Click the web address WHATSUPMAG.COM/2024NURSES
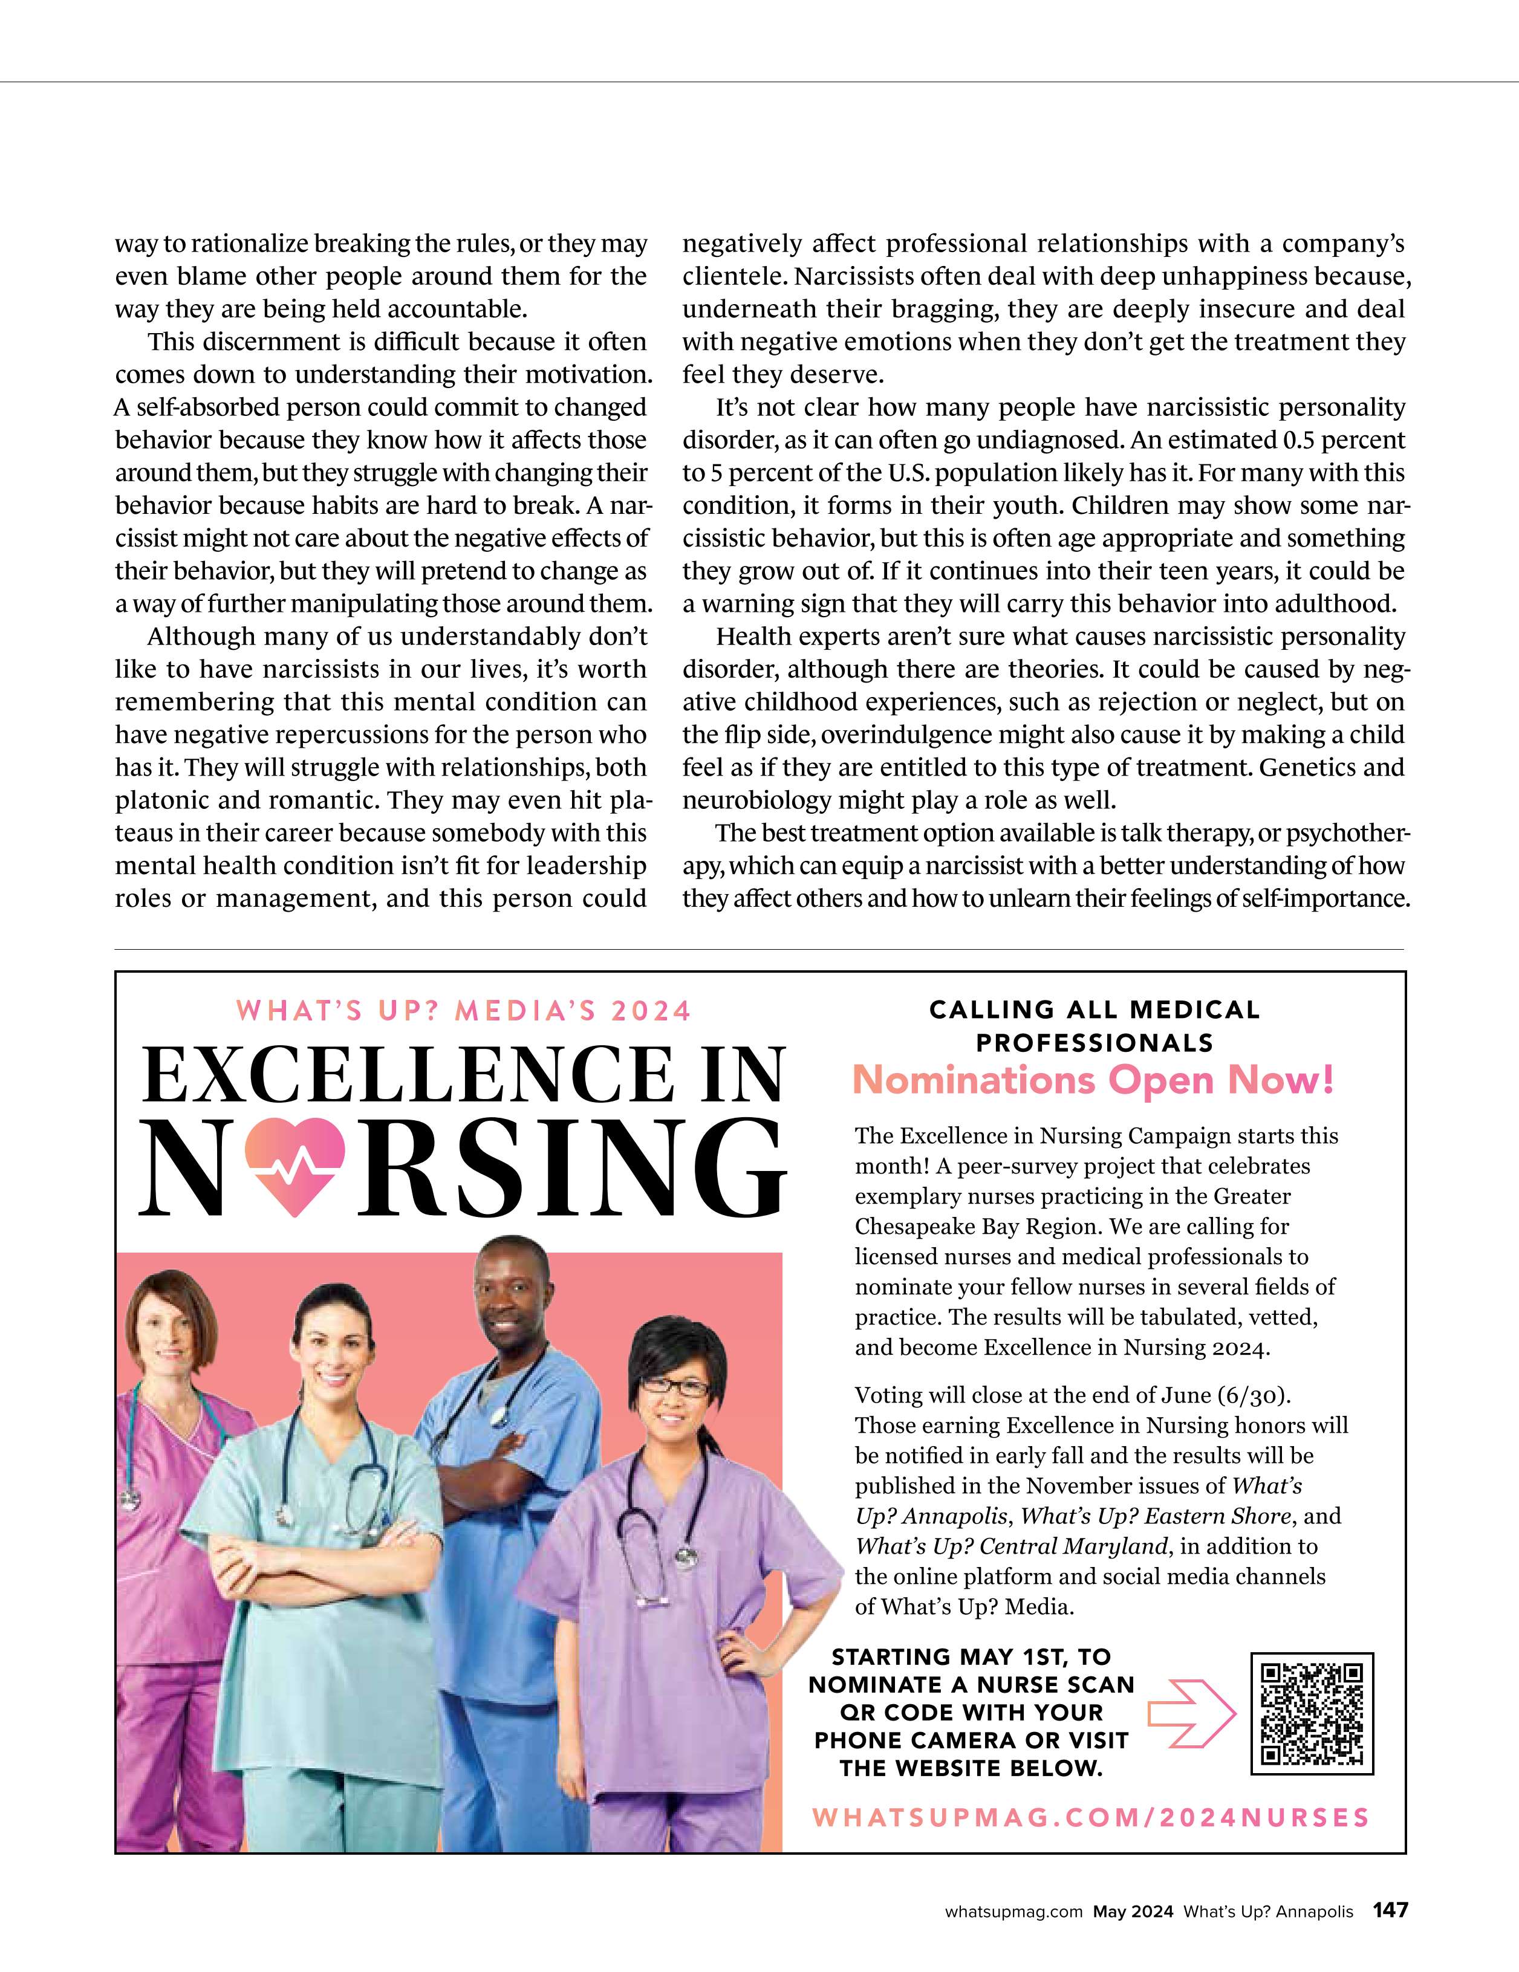click(1091, 1817)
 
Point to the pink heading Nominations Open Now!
click(1093, 1080)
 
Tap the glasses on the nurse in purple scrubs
click(675, 1388)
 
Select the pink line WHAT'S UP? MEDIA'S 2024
click(463, 1010)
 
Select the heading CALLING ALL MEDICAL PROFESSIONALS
click(1095, 1026)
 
